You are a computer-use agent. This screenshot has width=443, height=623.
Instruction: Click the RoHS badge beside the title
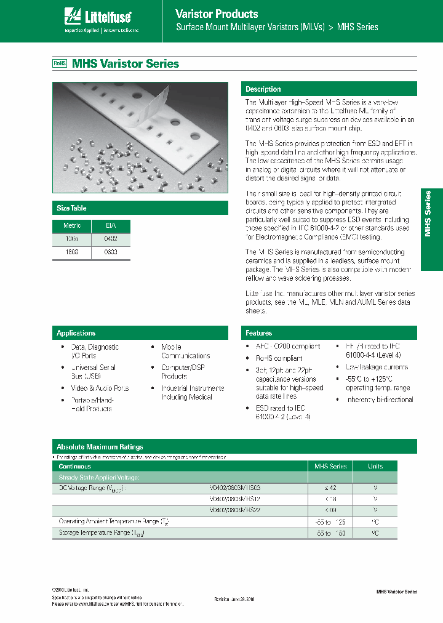point(60,63)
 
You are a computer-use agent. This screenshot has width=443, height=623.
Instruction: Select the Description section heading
point(263,89)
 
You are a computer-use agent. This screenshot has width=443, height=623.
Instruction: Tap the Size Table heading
point(71,208)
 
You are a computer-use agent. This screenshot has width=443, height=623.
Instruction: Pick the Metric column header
point(72,226)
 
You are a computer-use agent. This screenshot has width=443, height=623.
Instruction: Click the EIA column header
point(111,226)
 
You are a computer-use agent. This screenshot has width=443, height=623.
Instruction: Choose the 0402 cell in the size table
point(111,238)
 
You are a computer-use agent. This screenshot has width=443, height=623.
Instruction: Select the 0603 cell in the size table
point(111,252)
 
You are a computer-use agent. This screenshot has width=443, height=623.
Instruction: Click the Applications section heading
point(76,333)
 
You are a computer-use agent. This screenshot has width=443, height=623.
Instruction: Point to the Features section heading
point(259,333)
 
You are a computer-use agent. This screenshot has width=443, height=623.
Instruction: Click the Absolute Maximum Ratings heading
point(100,447)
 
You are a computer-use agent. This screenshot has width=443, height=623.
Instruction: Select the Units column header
point(375,467)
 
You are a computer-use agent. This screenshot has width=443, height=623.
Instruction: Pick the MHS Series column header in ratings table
point(331,467)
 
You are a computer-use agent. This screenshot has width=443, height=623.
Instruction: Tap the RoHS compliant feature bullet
point(279,358)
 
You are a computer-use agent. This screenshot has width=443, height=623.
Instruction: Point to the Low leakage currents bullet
point(377,367)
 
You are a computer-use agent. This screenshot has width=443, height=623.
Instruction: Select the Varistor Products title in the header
point(217,14)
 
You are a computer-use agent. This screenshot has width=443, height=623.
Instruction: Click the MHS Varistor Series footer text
point(396,592)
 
